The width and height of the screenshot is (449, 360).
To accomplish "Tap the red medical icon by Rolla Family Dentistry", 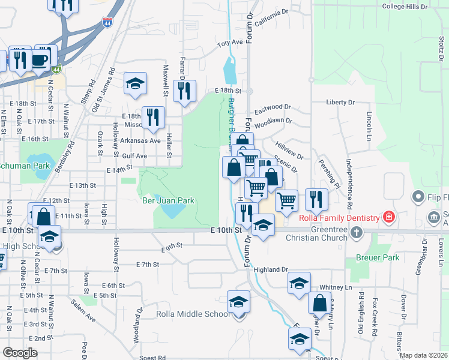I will pos(389,216).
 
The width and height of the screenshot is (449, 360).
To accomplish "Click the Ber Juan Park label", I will pos(168,200).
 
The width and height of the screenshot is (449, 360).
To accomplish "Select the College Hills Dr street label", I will pos(405,7).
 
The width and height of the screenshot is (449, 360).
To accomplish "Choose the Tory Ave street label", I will pos(229,43).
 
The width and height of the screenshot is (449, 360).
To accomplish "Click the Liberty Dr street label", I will pos(341,102).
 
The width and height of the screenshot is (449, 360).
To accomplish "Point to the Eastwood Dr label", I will pos(273,109).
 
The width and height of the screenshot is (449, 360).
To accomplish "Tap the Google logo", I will pos(20,353).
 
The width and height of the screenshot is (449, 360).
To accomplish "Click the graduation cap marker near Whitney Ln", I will pos(299,284).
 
